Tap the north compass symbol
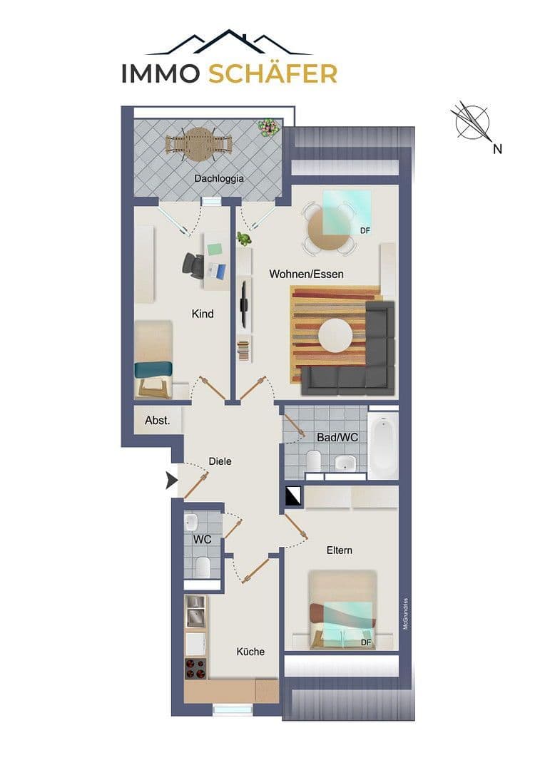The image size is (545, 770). pyautogui.click(x=472, y=122)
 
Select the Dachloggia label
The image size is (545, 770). pyautogui.click(x=219, y=178)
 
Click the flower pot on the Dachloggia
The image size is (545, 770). pyautogui.click(x=269, y=128)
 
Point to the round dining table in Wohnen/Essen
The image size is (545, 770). pyautogui.click(x=329, y=229)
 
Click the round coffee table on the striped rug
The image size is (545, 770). pyautogui.click(x=335, y=335)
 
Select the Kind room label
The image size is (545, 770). pyautogui.click(x=203, y=314)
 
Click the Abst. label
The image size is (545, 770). pyautogui.click(x=158, y=421)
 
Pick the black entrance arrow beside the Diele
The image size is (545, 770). pyautogui.click(x=171, y=481)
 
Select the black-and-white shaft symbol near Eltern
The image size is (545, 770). pyautogui.click(x=293, y=496)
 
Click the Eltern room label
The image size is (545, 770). pyautogui.click(x=340, y=550)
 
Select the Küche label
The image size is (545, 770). pyautogui.click(x=250, y=652)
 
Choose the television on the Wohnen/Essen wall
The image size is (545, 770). pyautogui.click(x=244, y=304)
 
